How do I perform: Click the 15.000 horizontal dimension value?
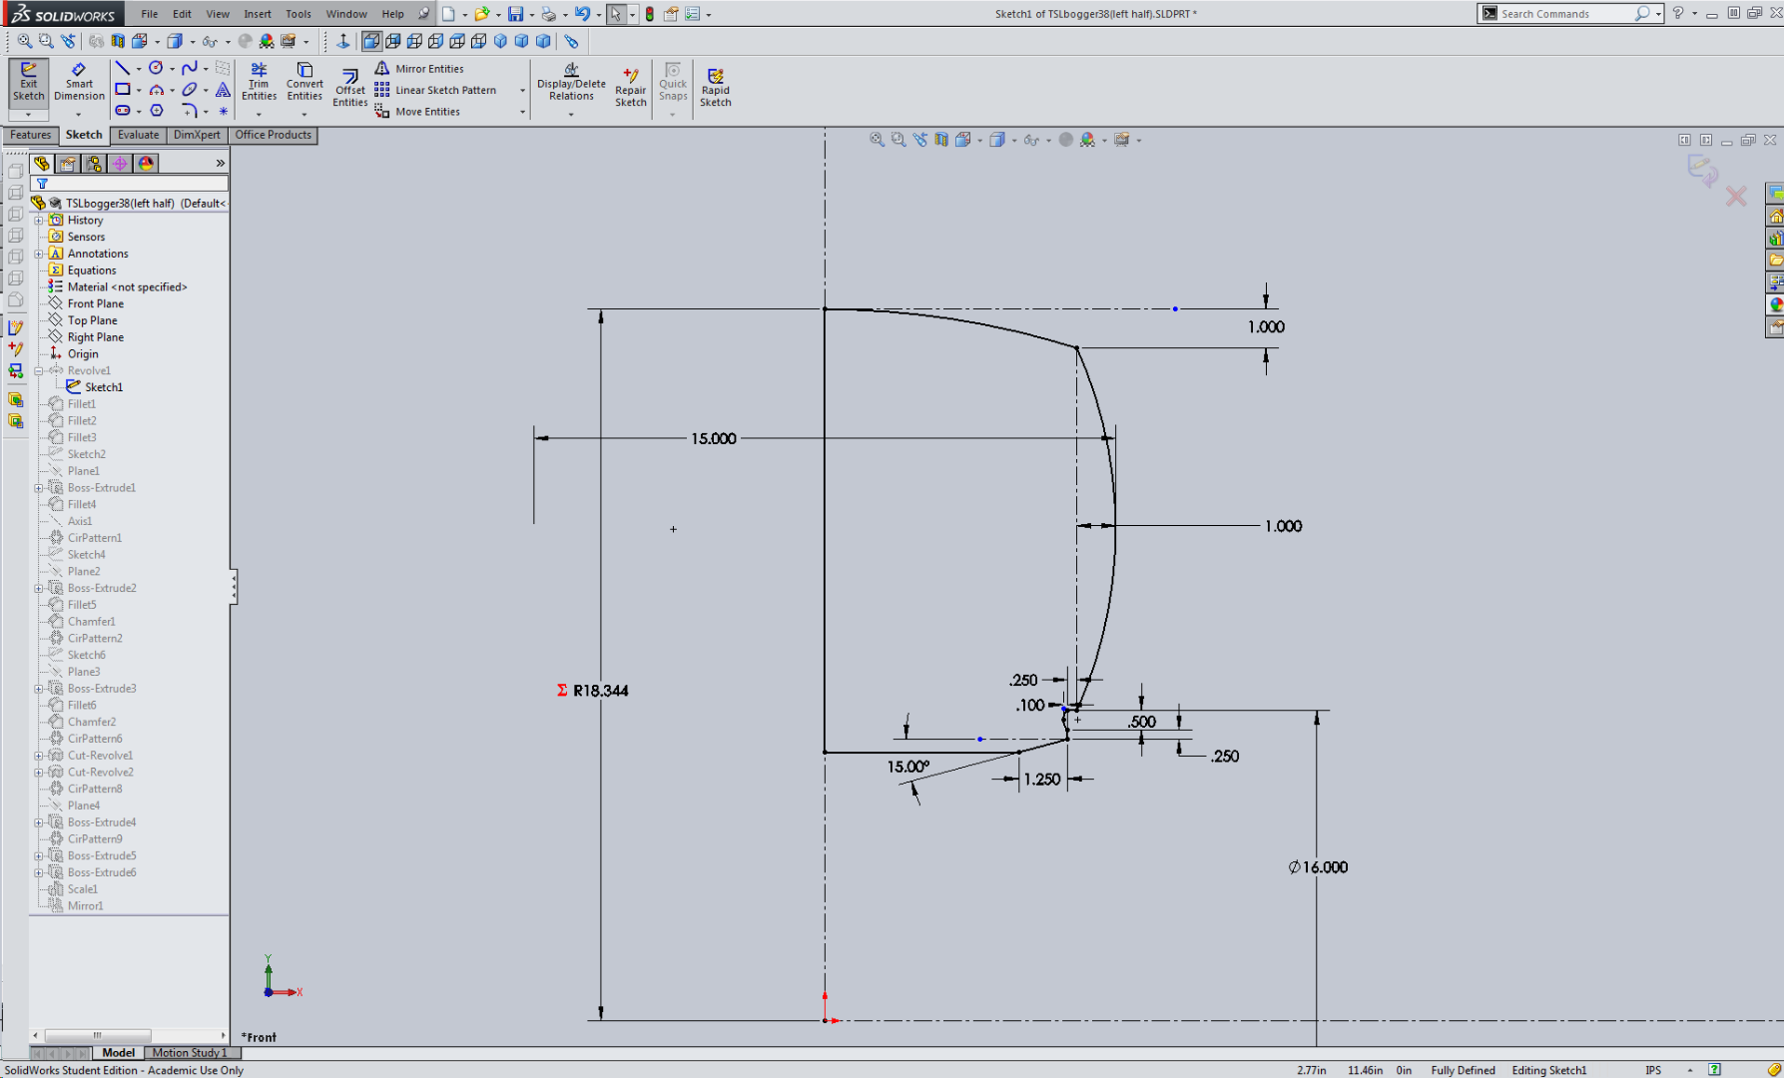pyautogui.click(x=713, y=438)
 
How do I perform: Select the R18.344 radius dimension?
pyautogui.click(x=600, y=691)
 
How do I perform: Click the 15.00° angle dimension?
pyautogui.click(x=907, y=767)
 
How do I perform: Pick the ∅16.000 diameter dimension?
pyautogui.click(x=1318, y=867)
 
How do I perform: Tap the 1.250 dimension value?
pyautogui.click(x=1041, y=780)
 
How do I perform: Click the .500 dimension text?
pyautogui.click(x=1142, y=722)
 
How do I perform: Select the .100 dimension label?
pyautogui.click(x=1030, y=705)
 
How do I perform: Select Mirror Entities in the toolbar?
pyautogui.click(x=428, y=69)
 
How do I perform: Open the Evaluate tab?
pyautogui.click(x=138, y=135)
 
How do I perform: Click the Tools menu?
pyautogui.click(x=297, y=14)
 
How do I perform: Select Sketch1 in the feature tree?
pyautogui.click(x=104, y=387)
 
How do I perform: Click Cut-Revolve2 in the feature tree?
pyautogui.click(x=100, y=772)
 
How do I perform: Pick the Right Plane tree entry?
pyautogui.click(x=96, y=337)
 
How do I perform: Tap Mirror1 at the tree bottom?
pyautogui.click(x=85, y=905)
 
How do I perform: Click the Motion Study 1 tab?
pyautogui.click(x=189, y=1052)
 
